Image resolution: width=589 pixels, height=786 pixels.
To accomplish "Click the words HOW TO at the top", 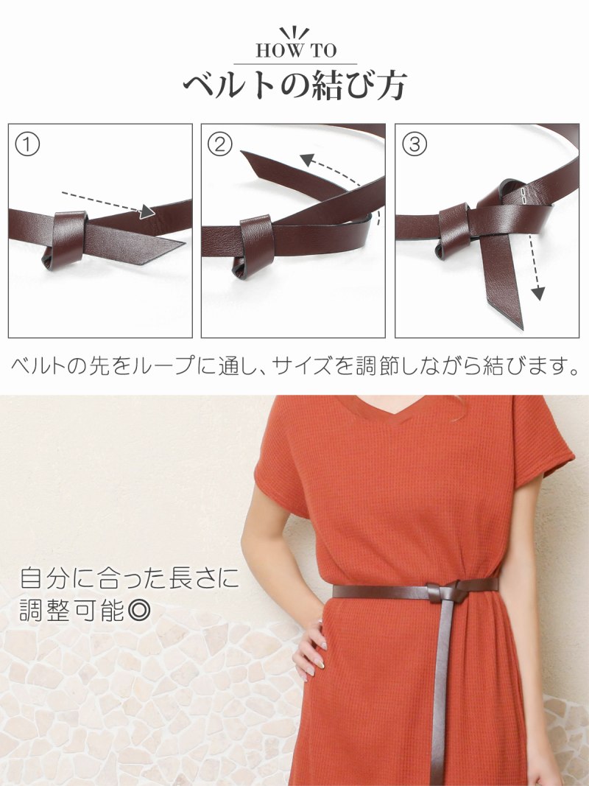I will tap(294, 51).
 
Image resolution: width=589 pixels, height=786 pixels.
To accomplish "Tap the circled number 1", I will tap(27, 144).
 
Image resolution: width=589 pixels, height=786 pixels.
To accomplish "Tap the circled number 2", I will tap(219, 144).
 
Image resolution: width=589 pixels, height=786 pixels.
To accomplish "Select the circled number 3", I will tap(414, 144).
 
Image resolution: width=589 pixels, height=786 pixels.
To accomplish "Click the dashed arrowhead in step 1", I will tap(147, 211).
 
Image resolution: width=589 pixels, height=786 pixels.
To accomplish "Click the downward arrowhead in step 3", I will tap(538, 293).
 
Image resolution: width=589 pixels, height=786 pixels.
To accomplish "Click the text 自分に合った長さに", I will tap(129, 578).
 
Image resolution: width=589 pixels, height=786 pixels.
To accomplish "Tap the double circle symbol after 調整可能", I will tap(138, 611).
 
